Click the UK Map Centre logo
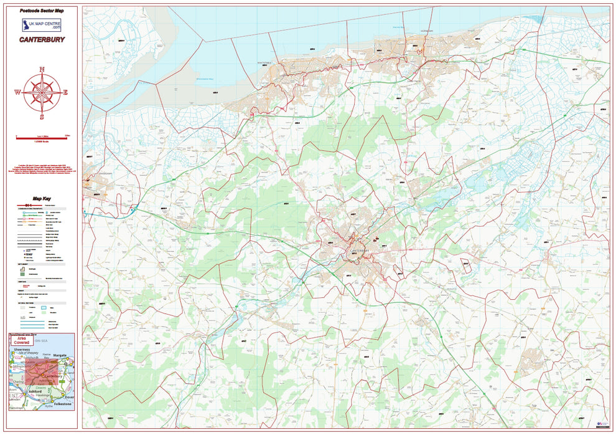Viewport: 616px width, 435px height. pyautogui.click(x=42, y=25)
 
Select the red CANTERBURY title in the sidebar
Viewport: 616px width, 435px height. pyautogui.click(x=42, y=39)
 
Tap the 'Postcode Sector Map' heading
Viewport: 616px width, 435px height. pyautogui.click(x=42, y=11)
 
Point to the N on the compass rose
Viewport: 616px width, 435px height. pyautogui.click(x=42, y=69)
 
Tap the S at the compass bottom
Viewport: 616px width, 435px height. pyautogui.click(x=42, y=117)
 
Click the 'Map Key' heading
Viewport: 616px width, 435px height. pyautogui.click(x=42, y=197)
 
